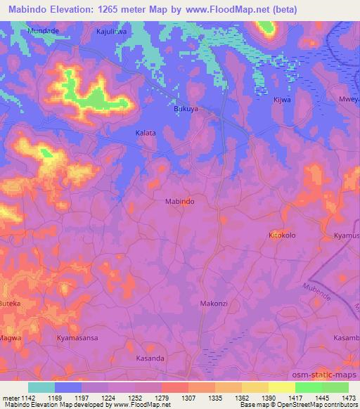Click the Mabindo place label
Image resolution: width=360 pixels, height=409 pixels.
pos(179,201)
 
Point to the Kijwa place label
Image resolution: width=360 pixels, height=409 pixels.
pos(281,100)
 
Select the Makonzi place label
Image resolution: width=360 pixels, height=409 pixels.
pos(214,303)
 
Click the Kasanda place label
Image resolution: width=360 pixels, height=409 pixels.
pos(149,358)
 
